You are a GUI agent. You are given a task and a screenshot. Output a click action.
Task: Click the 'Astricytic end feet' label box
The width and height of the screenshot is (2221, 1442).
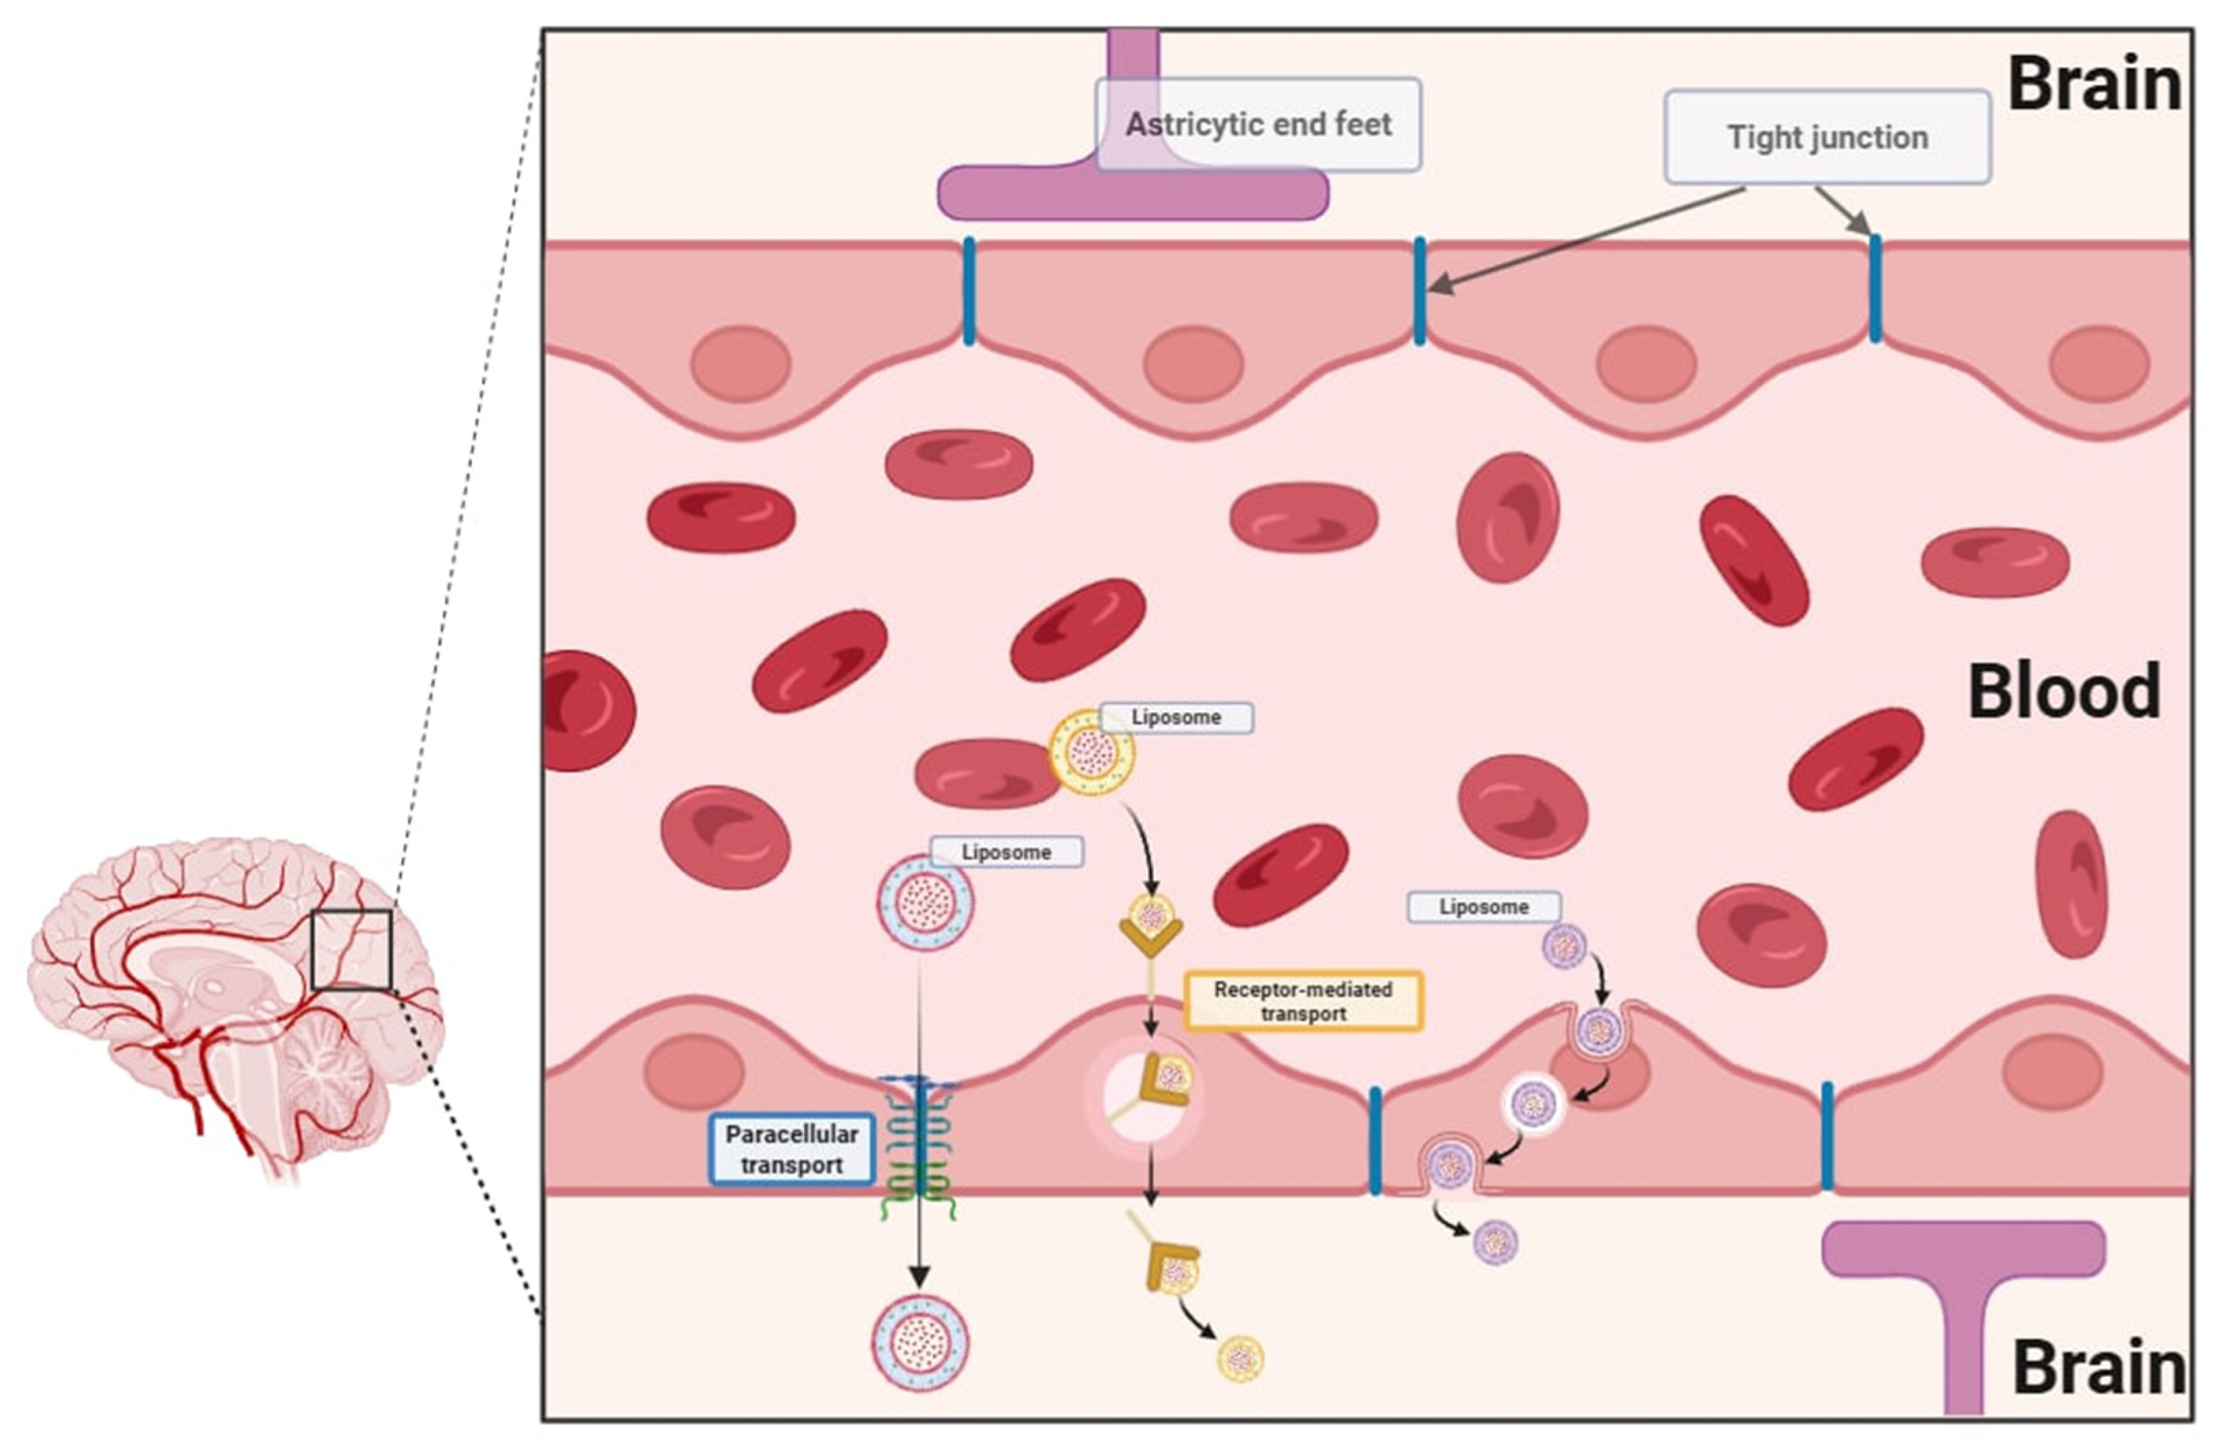pos(1257,124)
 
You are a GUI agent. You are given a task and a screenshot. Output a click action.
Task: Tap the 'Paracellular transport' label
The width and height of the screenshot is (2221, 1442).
pos(791,1149)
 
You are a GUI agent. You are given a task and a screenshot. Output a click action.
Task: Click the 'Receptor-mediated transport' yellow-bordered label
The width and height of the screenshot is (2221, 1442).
pos(1303,1001)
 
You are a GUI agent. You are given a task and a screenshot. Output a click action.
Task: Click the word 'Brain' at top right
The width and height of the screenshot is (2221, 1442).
pos(2094,84)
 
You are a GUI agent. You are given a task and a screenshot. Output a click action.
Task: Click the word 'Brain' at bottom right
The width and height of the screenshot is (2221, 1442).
pos(2098,1368)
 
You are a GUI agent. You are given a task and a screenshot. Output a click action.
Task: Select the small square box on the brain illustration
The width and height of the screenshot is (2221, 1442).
pos(351,949)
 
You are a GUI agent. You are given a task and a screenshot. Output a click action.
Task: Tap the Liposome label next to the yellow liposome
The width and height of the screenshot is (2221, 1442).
pos(1176,718)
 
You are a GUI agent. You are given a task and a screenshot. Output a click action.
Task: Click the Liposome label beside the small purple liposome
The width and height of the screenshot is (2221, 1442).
pos(1483,906)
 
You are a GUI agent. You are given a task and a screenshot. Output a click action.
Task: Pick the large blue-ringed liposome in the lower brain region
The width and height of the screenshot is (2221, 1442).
pos(920,1344)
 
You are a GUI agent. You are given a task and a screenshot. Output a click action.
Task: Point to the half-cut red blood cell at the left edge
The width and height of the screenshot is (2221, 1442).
pos(583,710)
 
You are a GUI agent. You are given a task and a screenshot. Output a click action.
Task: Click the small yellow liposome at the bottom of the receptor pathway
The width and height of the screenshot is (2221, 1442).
pos(1240,1358)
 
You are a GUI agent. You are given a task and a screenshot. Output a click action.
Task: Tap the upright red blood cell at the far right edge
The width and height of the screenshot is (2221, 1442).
pos(2071,884)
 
